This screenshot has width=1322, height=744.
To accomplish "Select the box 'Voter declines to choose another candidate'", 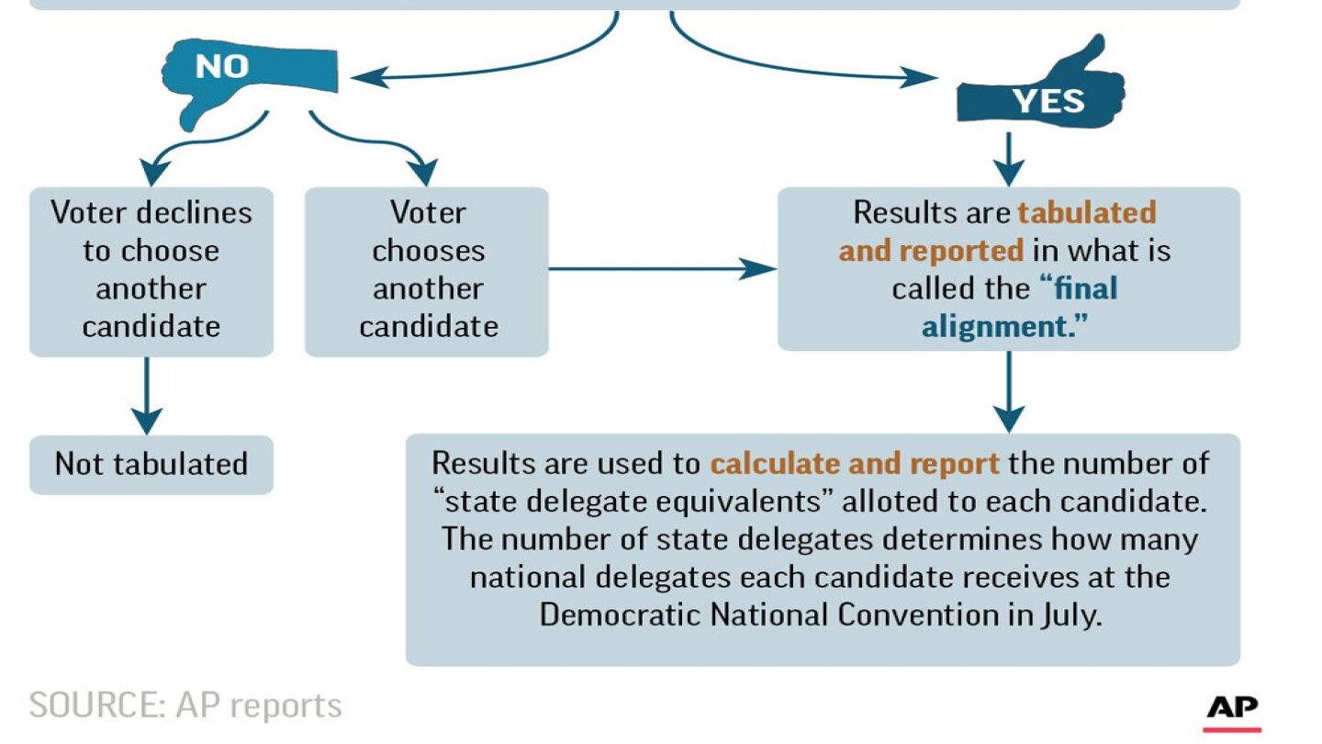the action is (x=151, y=272).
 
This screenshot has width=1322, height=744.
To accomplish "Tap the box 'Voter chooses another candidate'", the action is (x=426, y=272).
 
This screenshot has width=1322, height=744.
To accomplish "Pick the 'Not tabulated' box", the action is (x=151, y=465).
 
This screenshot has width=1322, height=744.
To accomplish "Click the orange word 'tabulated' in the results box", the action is (x=1087, y=212).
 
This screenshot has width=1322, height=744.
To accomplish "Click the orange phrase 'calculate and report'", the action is (x=855, y=464).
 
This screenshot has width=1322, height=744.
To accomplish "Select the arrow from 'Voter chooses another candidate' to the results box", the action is (x=662, y=269).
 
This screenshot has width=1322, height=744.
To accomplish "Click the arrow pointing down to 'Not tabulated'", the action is (x=147, y=396).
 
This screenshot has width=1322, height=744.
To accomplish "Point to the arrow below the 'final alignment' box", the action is (x=1009, y=392).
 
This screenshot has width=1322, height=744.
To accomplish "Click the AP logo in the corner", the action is (x=1232, y=713).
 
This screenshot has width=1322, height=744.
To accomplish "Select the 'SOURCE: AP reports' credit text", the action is (x=185, y=705).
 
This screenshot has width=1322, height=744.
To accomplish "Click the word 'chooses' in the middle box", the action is (x=428, y=251).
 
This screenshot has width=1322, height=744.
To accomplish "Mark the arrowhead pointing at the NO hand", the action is (x=369, y=77).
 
